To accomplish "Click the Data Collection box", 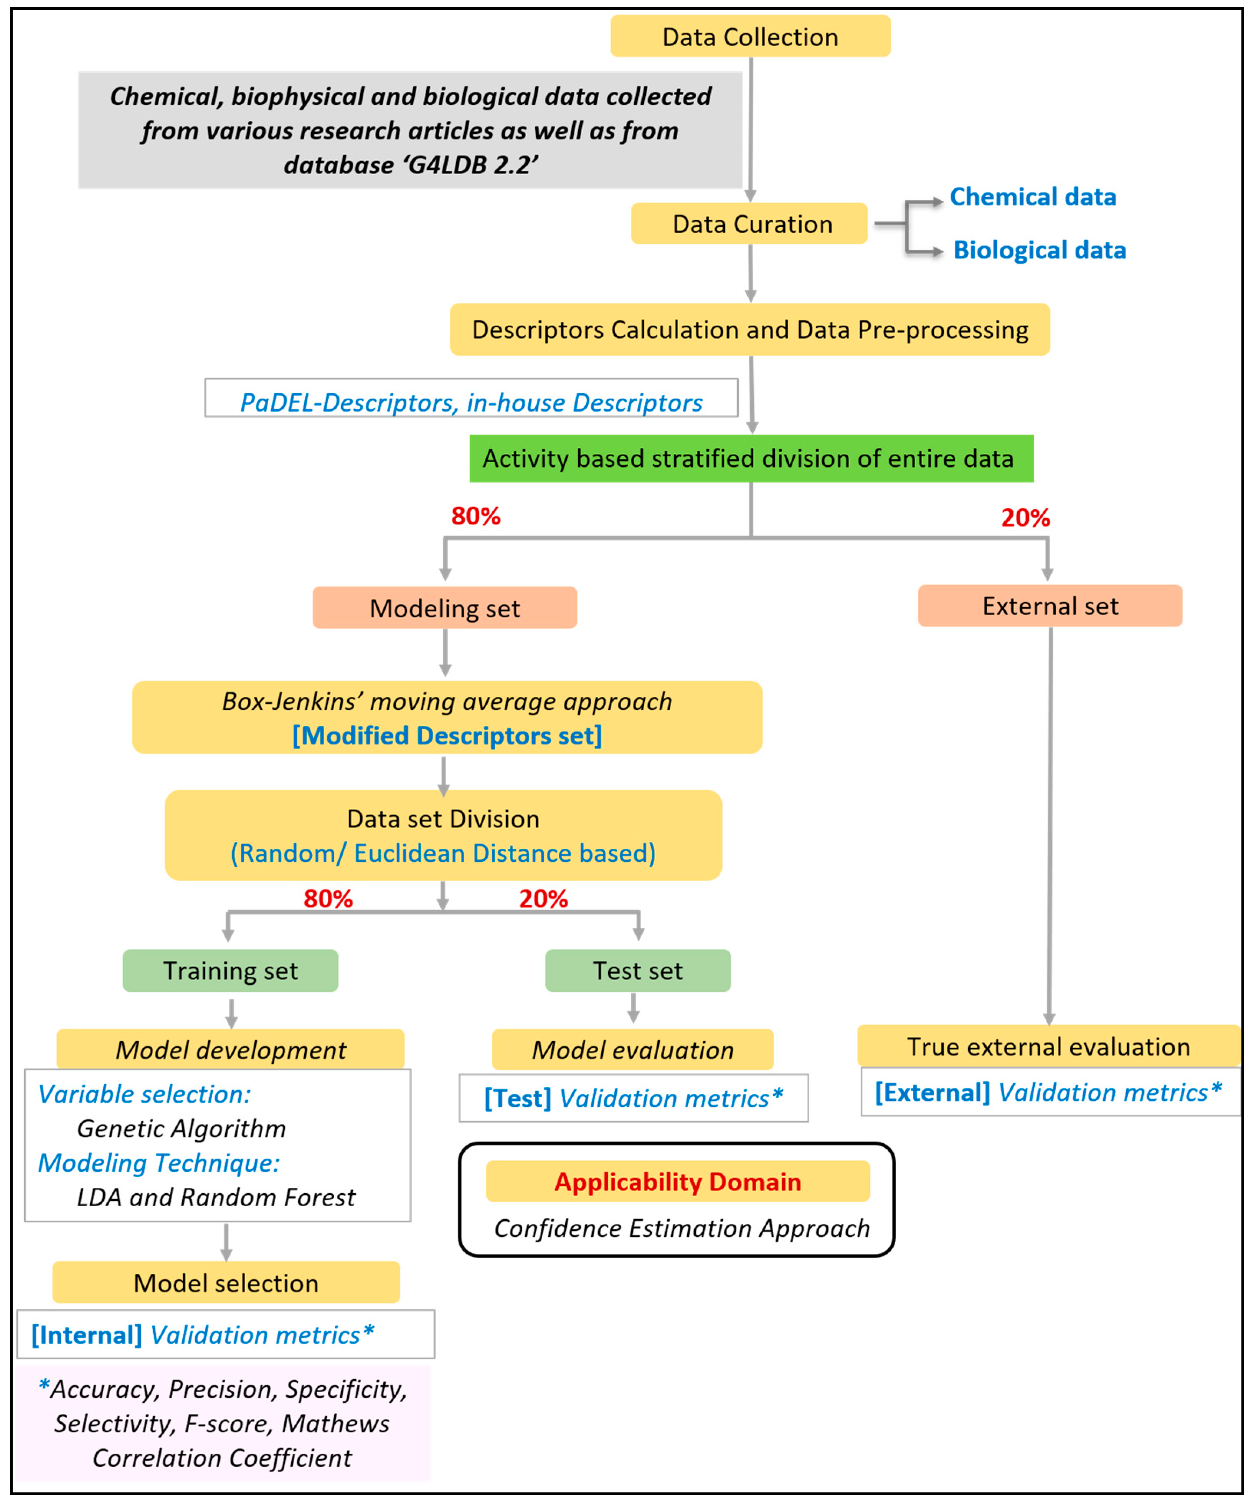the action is click(750, 36).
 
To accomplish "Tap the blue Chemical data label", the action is click(1033, 197).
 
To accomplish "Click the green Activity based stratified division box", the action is click(751, 458).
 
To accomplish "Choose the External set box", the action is click(1050, 606).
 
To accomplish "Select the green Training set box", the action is click(230, 970).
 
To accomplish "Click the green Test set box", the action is click(638, 970).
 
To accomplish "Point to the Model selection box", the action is click(226, 1283).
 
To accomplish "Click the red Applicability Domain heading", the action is click(678, 1182).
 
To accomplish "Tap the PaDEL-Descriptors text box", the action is click(472, 397).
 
